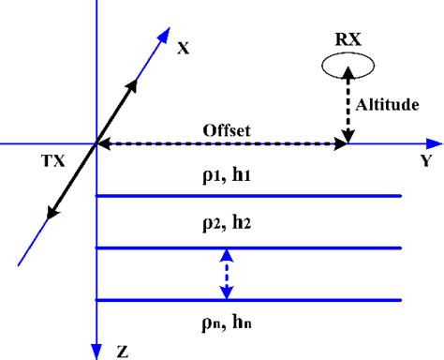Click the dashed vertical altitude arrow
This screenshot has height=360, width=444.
(348, 108)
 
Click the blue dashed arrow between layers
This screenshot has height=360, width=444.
(224, 274)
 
